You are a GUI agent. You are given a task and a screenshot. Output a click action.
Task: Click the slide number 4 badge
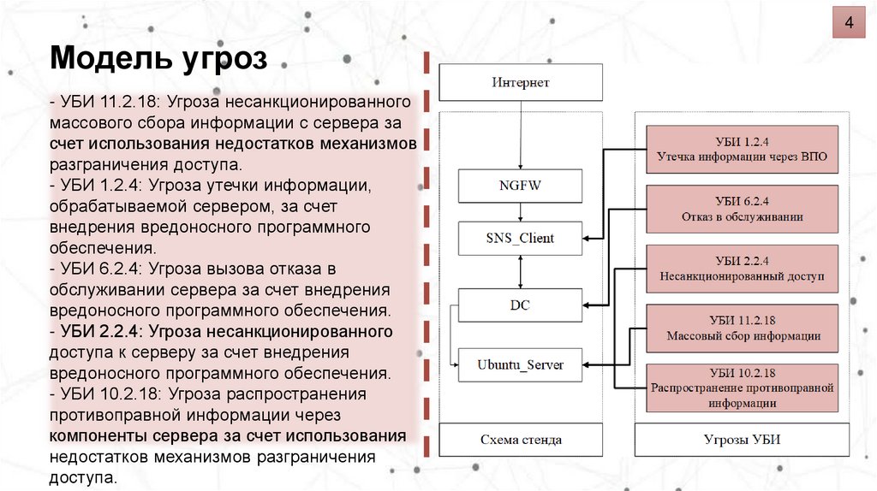coord(850,22)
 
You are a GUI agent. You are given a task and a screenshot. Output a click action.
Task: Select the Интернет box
coord(521,83)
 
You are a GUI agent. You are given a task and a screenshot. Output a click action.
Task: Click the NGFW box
coord(520,185)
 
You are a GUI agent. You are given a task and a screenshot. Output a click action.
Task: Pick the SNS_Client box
coord(520,238)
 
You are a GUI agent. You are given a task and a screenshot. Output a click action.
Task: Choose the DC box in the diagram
coord(520,305)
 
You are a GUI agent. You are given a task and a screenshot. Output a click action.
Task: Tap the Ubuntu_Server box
coord(520,364)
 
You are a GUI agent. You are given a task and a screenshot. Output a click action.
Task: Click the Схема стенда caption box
coord(521,440)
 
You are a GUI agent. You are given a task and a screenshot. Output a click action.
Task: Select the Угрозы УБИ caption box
coord(742,440)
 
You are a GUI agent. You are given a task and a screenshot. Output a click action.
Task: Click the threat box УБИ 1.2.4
coord(742,150)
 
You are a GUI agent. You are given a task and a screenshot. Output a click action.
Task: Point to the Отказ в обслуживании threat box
coord(742,209)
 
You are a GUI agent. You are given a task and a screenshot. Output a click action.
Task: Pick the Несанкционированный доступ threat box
coord(742,269)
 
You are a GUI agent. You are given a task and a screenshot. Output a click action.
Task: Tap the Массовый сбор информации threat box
coord(742,328)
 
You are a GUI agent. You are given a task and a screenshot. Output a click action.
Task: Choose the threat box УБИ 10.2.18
coord(742,387)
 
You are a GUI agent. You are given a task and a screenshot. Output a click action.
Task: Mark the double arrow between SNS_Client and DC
coord(520,271)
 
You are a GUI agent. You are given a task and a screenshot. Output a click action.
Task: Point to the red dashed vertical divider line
coord(426,257)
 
